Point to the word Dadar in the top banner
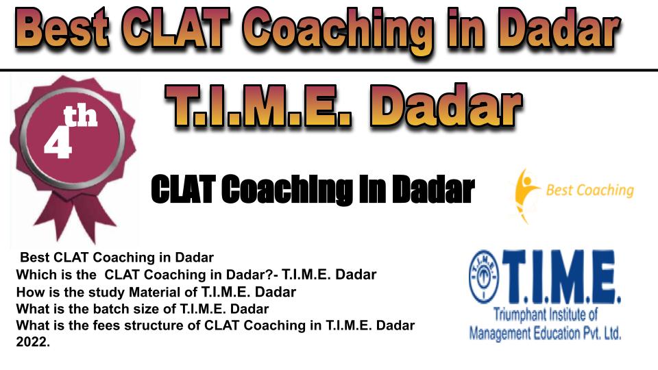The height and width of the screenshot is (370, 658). click(558, 29)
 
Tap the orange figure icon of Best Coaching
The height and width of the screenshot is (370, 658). click(525, 196)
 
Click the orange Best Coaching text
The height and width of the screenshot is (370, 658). click(589, 190)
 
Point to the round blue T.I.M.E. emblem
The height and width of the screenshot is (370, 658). click(484, 277)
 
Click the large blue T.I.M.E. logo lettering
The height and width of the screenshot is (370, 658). click(561, 277)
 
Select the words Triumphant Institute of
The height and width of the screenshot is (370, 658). click(545, 314)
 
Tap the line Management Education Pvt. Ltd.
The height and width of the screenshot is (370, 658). click(545, 333)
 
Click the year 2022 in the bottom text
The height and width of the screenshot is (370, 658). click(33, 342)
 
